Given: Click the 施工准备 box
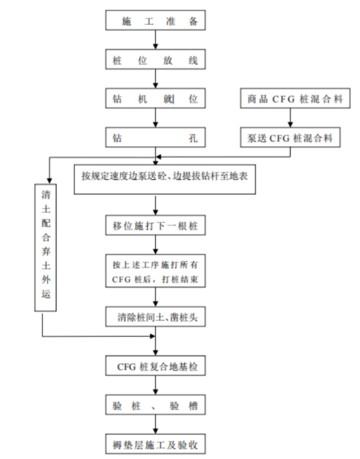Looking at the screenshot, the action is point(155,20).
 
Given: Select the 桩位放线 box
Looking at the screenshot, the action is point(155,60).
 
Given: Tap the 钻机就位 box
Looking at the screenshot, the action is point(155,98).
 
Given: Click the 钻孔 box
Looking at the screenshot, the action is point(155,137).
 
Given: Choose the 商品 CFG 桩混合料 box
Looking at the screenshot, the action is point(295,98).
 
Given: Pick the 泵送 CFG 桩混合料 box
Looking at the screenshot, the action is point(290,137).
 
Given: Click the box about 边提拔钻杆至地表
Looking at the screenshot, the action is point(165,179).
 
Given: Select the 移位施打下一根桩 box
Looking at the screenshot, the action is point(155,225).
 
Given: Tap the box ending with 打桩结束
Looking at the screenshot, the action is point(155,271).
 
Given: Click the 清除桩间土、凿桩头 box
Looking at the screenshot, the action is point(155,317).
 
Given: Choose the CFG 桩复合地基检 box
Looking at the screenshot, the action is point(155,366).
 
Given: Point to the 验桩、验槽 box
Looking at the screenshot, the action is point(155,405).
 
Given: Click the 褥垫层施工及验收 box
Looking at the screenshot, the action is point(155,444).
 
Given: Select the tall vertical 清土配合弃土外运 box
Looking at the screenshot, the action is point(45,247).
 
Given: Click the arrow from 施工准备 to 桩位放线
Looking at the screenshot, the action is point(155,40).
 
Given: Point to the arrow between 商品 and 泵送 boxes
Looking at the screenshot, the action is point(290,118).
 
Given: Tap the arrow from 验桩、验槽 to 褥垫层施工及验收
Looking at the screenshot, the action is point(155,424).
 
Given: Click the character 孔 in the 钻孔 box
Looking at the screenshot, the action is point(193,138).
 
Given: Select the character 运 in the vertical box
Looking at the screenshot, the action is point(45,293).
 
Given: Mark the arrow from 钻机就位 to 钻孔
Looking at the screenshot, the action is point(155,118).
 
